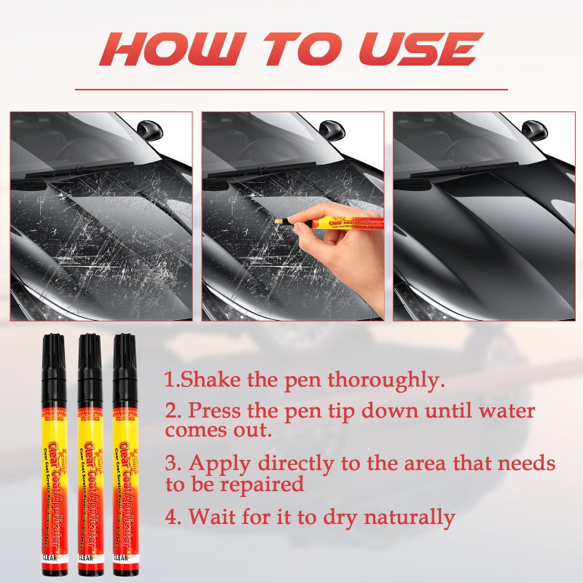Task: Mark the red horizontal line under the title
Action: click(x=291, y=90)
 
